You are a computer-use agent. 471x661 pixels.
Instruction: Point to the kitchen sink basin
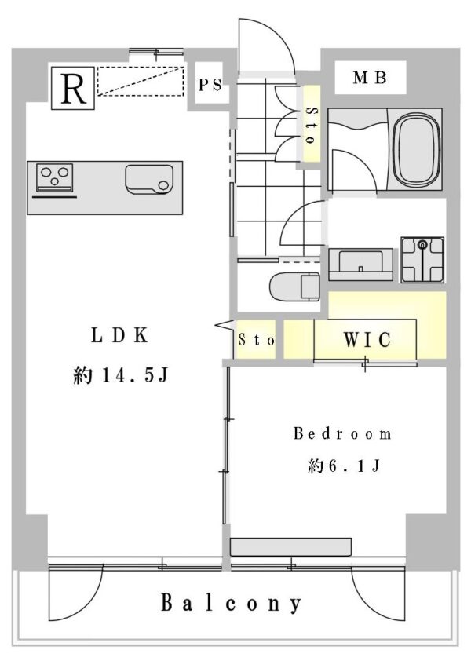coord(148,180)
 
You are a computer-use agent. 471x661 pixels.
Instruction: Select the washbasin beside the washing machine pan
coord(360,262)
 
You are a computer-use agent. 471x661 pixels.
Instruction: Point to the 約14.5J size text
coord(120,376)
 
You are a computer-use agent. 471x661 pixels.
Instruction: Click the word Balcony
coord(232,603)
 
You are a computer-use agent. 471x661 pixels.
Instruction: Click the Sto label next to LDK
coord(256,341)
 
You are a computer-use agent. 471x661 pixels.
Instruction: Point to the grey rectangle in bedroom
coord(290,546)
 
